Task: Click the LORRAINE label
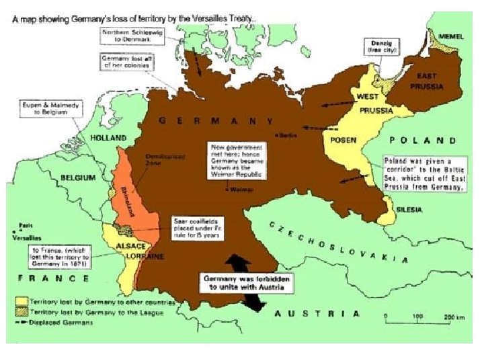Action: [x=149, y=257]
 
